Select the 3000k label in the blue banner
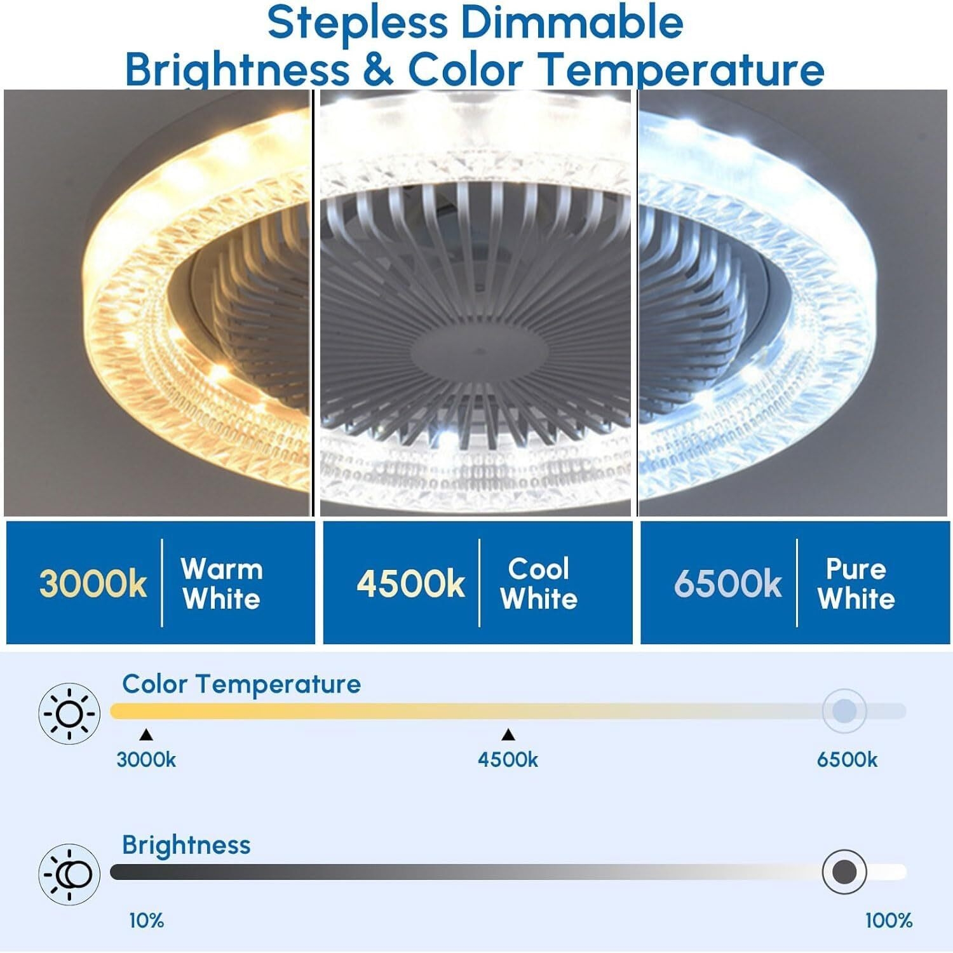93,583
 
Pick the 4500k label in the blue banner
410,583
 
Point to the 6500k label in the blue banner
727,583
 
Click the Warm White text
222,584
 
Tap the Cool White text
539,584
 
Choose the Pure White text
856,584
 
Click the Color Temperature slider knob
844,711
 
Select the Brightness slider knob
844,872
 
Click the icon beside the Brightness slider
70,875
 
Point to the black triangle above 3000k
146,735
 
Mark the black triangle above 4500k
508,735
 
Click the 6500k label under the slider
847,760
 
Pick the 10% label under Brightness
147,921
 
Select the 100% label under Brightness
889,921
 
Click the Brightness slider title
186,846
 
